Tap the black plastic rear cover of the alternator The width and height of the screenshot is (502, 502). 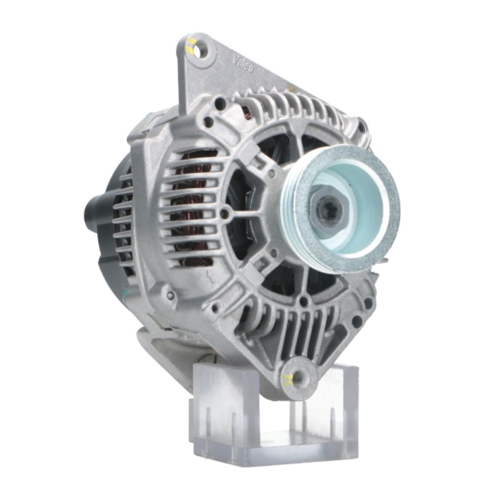[x=113, y=236]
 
